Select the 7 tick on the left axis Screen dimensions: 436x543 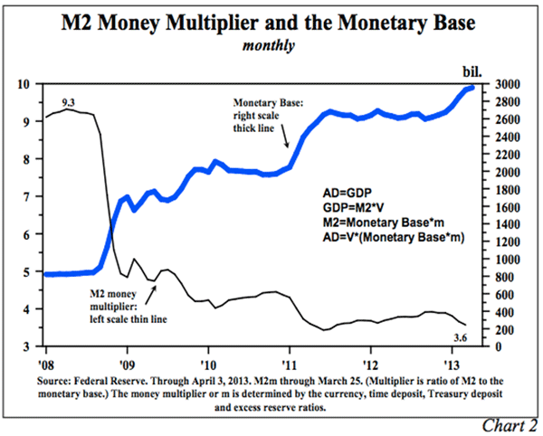[x=33, y=196]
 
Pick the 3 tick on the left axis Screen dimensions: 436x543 [x=33, y=346]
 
